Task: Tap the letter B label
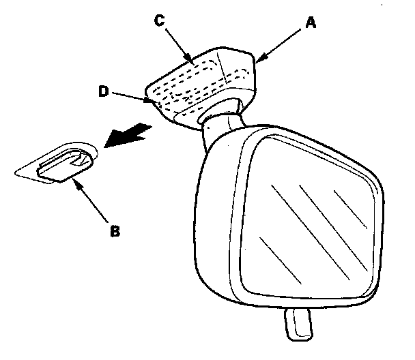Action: [x=115, y=230]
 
